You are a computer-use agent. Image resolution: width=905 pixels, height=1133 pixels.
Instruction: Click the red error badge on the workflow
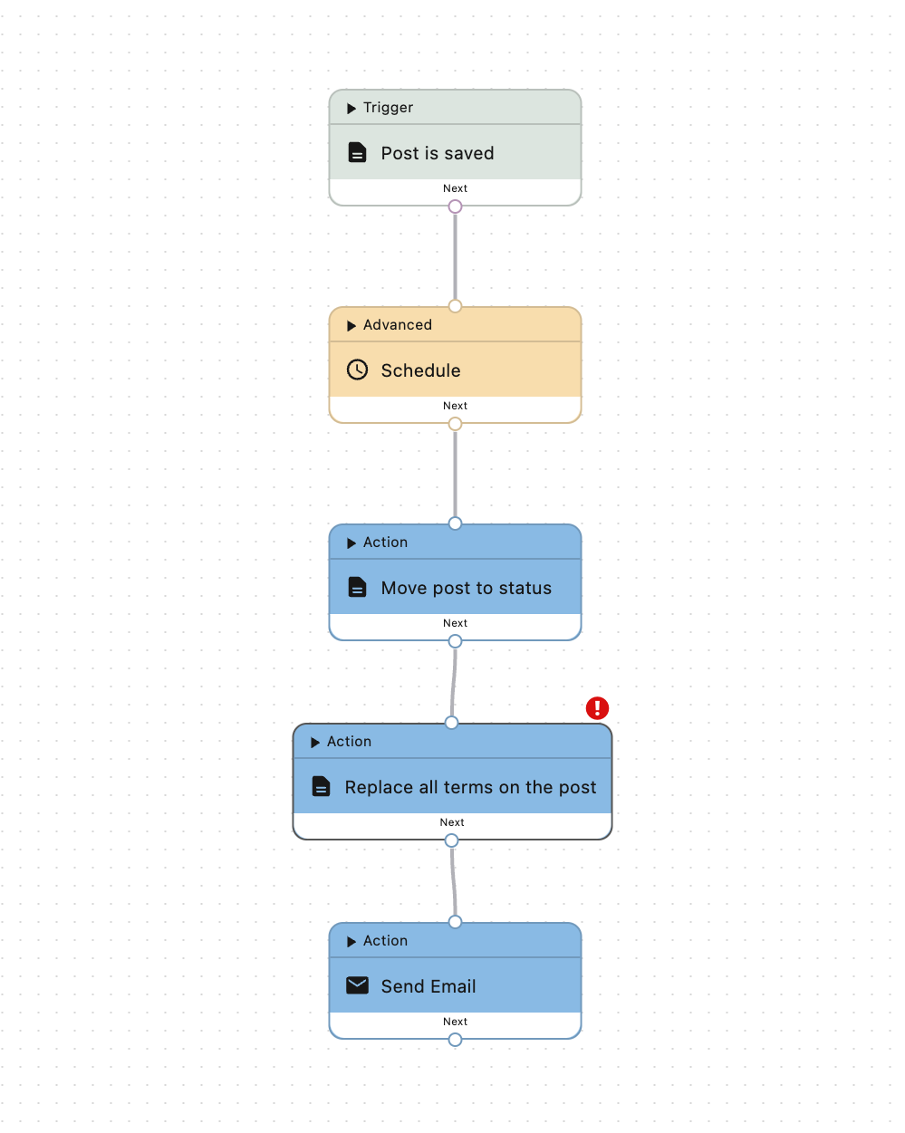tap(597, 708)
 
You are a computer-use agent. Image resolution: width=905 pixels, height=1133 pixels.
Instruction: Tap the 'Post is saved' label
tap(438, 153)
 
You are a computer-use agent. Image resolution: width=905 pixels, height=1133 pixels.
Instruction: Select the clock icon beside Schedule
tap(358, 370)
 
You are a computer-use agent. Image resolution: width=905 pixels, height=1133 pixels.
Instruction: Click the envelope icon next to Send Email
tap(358, 985)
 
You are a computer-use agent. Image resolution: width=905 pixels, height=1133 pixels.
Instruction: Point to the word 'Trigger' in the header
tap(388, 108)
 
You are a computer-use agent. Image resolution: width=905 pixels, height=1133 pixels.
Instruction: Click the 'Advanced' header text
tap(397, 325)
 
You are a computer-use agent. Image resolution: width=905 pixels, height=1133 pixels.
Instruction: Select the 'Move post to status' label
tap(466, 588)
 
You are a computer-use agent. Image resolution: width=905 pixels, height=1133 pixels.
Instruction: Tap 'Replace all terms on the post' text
tap(470, 787)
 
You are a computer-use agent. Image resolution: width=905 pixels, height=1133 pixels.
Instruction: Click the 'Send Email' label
tap(428, 986)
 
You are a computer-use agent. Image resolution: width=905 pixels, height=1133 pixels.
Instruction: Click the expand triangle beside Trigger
tap(351, 109)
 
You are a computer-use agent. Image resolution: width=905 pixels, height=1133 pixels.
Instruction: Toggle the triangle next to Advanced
tap(351, 326)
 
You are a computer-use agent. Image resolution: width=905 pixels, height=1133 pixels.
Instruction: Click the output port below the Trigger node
tap(455, 206)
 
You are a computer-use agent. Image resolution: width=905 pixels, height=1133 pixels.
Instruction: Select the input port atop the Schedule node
tap(455, 306)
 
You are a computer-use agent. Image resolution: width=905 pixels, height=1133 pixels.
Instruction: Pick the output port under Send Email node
tap(455, 1040)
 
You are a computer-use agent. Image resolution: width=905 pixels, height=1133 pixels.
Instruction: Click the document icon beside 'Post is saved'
tap(358, 152)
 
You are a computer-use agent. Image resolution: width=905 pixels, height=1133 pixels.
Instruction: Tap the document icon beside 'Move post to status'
tap(358, 587)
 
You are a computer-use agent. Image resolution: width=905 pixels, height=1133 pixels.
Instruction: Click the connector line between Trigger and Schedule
tap(455, 256)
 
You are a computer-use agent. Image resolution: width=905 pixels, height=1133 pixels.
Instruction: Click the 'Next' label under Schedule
tap(455, 406)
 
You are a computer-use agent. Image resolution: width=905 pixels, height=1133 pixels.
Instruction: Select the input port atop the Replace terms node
tap(451, 723)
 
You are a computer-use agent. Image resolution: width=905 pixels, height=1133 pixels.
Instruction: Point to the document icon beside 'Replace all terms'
tap(322, 786)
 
